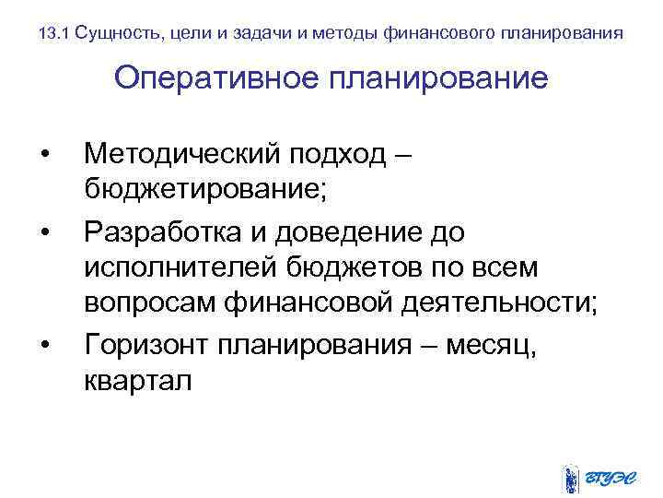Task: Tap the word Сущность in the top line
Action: point(113,34)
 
